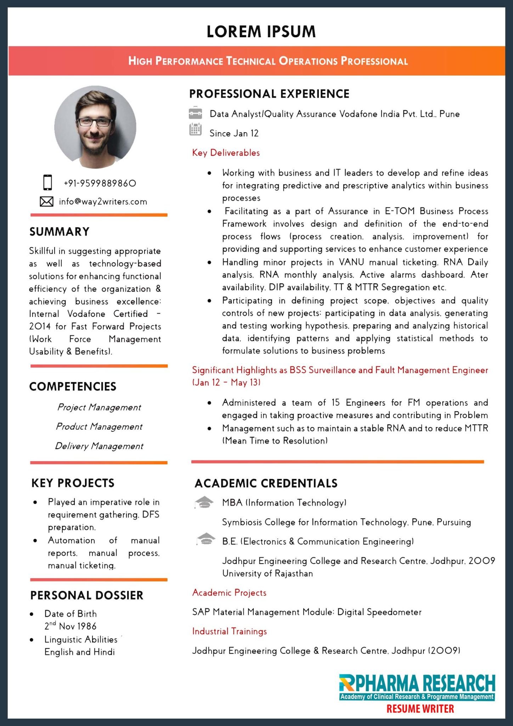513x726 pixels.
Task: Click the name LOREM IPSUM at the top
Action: tap(261, 32)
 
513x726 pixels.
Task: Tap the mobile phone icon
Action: tap(47, 183)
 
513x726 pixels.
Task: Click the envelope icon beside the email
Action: tap(46, 201)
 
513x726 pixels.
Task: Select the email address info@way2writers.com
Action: tap(103, 202)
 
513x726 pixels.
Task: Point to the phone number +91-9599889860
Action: tap(100, 183)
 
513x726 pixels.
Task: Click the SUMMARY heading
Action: tap(59, 231)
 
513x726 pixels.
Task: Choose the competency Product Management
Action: tap(99, 426)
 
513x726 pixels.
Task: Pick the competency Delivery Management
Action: tap(99, 446)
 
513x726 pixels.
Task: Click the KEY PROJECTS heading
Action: tap(73, 483)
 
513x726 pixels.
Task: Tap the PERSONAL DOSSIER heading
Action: tap(87, 595)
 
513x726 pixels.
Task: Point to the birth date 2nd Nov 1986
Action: tap(70, 626)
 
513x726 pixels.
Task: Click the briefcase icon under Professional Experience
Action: tap(195, 113)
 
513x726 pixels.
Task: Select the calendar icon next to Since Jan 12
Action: tap(195, 130)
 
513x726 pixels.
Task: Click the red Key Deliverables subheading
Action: tap(226, 153)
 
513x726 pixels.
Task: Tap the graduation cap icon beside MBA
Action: tap(204, 502)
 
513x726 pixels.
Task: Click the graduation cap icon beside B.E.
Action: tap(206, 539)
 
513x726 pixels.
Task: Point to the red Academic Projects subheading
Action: tap(229, 593)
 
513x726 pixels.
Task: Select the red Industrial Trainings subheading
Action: tap(229, 631)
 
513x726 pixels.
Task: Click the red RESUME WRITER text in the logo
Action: tap(420, 709)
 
